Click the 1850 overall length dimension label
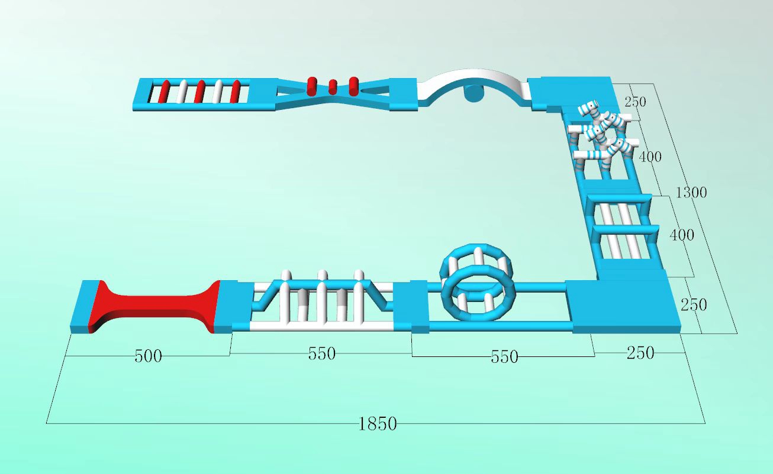coord(378,424)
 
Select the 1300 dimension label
coord(691,193)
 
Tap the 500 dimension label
coord(148,356)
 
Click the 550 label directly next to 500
coord(321,354)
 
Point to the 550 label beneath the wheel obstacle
coord(504,357)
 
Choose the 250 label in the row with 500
coord(640,353)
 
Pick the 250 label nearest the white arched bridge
coord(635,102)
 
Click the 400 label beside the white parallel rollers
coord(681,235)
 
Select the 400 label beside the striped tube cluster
coord(650,157)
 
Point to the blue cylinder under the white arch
coord(474,94)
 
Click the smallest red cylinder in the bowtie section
coord(332,87)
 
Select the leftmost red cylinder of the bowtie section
coord(311,86)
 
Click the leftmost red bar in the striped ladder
coord(163,92)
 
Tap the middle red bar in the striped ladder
coord(199,92)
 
